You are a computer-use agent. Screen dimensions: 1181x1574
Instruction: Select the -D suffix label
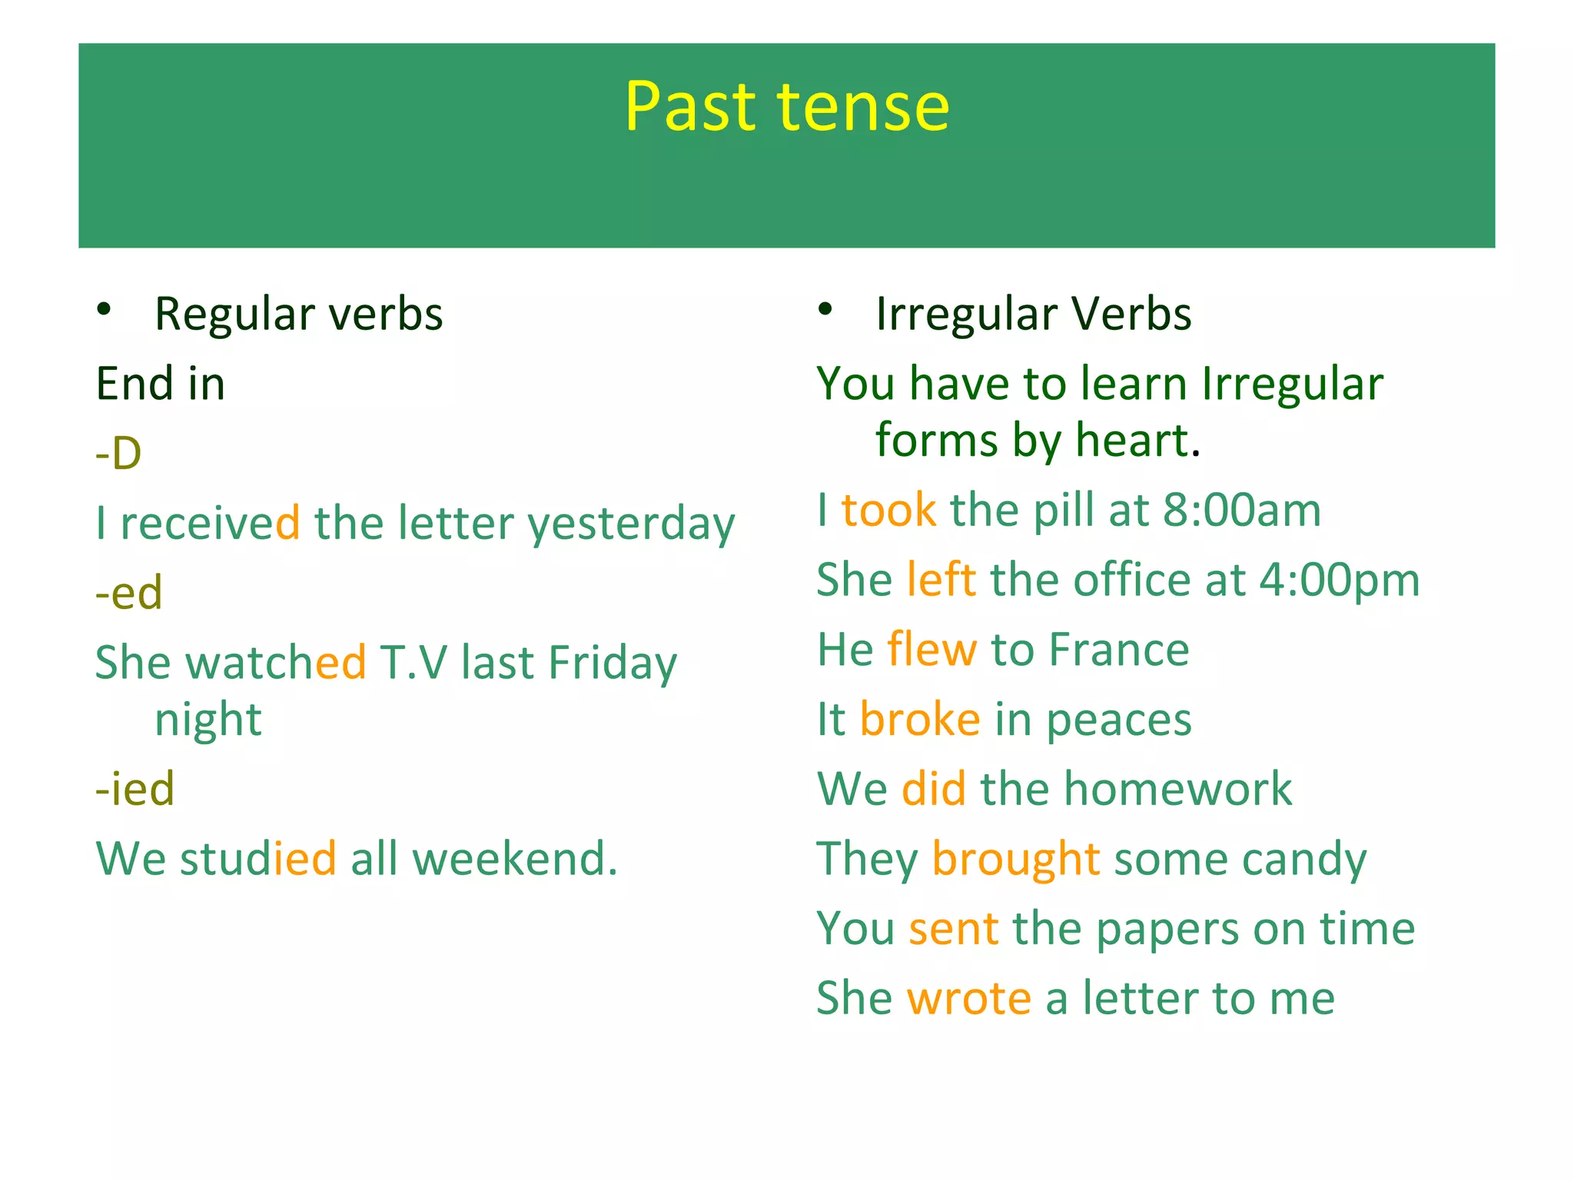click(x=118, y=453)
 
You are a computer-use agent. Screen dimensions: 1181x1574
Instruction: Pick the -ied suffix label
click(x=134, y=788)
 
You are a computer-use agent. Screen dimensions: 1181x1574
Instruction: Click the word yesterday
click(x=631, y=524)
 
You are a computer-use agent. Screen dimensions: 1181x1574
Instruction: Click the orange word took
click(x=888, y=510)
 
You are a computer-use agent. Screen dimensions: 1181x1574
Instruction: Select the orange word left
click(x=941, y=579)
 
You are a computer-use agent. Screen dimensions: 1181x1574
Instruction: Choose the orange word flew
click(x=931, y=649)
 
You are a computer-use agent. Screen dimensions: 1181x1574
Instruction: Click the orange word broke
click(x=919, y=719)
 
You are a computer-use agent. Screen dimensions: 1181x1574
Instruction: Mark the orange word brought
click(x=1015, y=859)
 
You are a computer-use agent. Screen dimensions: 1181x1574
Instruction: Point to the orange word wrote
click(x=968, y=998)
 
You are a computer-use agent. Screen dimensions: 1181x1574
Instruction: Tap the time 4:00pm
click(x=1339, y=580)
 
